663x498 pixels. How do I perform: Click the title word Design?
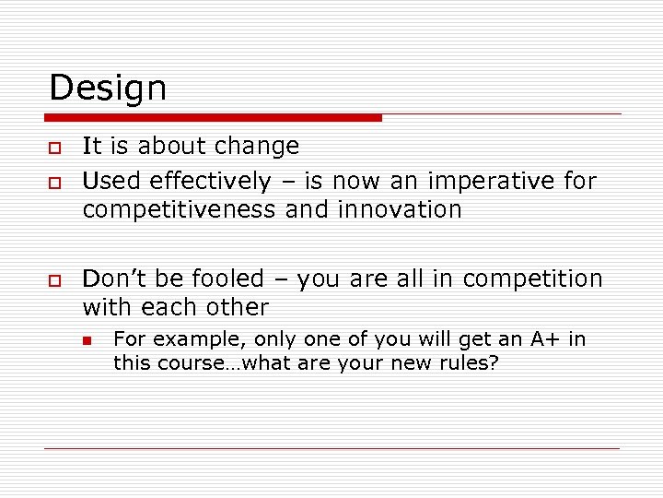click(x=108, y=89)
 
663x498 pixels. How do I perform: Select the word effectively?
click(x=210, y=182)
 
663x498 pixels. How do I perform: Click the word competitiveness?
click(x=179, y=210)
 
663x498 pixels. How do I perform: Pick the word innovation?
click(x=400, y=210)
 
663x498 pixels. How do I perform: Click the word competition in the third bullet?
click(x=533, y=279)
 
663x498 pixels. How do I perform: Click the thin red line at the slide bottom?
click(x=331, y=449)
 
